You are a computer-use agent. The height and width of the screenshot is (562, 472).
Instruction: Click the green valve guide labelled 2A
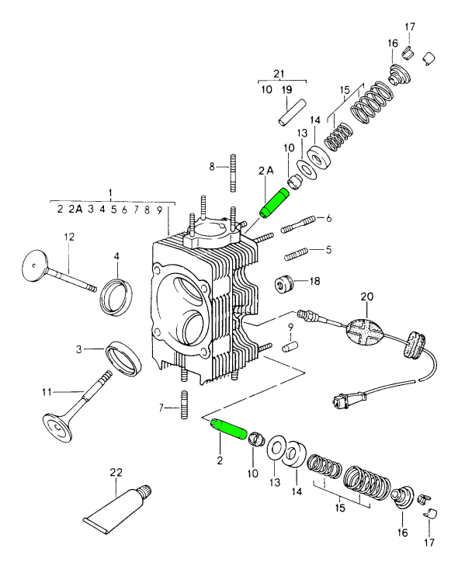click(x=273, y=203)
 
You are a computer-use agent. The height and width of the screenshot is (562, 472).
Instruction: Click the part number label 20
click(x=366, y=296)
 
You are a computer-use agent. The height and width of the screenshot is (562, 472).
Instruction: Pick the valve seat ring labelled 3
click(x=123, y=356)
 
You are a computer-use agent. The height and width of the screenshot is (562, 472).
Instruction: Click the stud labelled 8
click(x=231, y=173)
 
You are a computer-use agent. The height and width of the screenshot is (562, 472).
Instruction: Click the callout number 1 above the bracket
click(x=110, y=192)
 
